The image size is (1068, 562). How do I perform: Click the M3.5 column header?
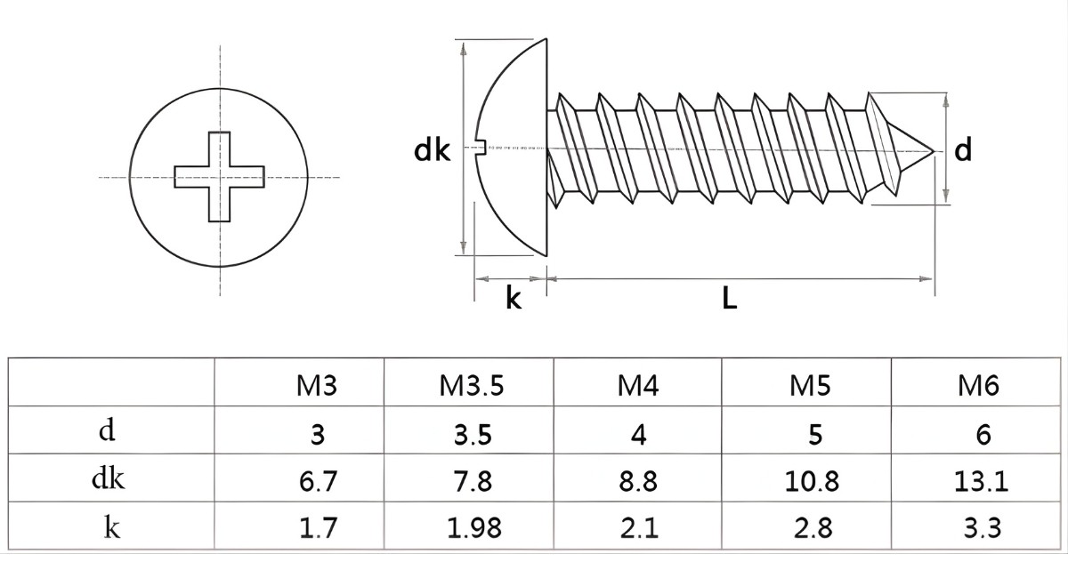pos(471,385)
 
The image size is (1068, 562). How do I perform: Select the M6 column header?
pos(978,385)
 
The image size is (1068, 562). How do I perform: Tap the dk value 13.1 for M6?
pos(981,481)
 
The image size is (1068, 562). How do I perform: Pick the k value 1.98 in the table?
pos(473,527)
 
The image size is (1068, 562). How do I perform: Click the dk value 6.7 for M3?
pos(318,481)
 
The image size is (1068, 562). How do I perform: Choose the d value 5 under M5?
pos(815,434)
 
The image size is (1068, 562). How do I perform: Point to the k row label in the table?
pos(111,526)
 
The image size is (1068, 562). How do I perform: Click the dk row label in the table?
pos(109,478)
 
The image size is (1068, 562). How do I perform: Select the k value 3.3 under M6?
pos(982,527)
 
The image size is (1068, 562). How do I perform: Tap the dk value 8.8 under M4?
pos(638,481)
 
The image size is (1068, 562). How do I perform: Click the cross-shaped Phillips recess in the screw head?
pos(219,177)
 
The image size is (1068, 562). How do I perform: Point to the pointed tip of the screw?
pos(933,151)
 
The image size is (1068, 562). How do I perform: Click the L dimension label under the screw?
pos(730,299)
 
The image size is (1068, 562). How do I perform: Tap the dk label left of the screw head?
pos(432,149)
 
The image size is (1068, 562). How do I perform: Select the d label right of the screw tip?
pos(963,149)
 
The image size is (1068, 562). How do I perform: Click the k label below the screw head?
pos(513,299)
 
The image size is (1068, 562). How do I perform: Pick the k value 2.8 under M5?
pos(813,527)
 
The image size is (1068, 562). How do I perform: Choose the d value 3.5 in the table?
pos(473,434)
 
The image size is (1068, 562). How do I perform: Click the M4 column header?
pos(638,385)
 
